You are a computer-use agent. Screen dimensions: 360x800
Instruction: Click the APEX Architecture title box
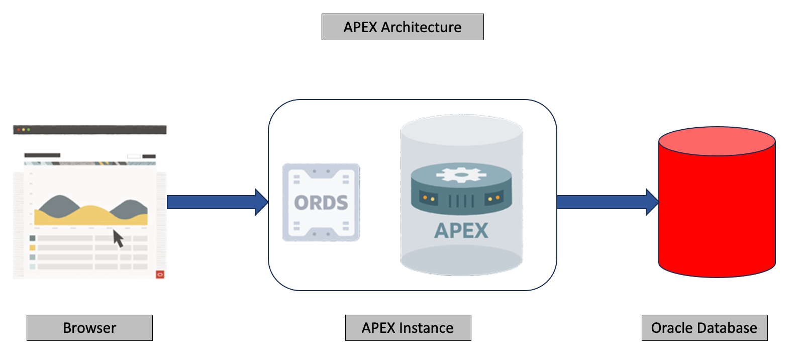point(402,27)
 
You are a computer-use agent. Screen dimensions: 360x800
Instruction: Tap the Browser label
point(89,328)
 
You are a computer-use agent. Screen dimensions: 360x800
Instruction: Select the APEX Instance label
point(408,328)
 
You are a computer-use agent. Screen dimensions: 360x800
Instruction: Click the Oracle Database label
point(704,328)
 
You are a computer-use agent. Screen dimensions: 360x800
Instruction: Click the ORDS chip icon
point(321,202)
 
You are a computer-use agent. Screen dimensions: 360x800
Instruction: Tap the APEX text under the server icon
point(461,231)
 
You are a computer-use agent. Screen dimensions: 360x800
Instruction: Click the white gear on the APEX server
point(461,174)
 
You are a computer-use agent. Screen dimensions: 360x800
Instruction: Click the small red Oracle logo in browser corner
point(160,275)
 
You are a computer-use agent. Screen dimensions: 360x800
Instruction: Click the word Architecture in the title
point(421,27)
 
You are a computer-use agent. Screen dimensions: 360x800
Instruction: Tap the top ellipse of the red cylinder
point(717,141)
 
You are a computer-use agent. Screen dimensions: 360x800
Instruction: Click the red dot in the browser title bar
point(19,130)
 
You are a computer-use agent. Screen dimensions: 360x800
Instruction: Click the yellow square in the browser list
point(32,247)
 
